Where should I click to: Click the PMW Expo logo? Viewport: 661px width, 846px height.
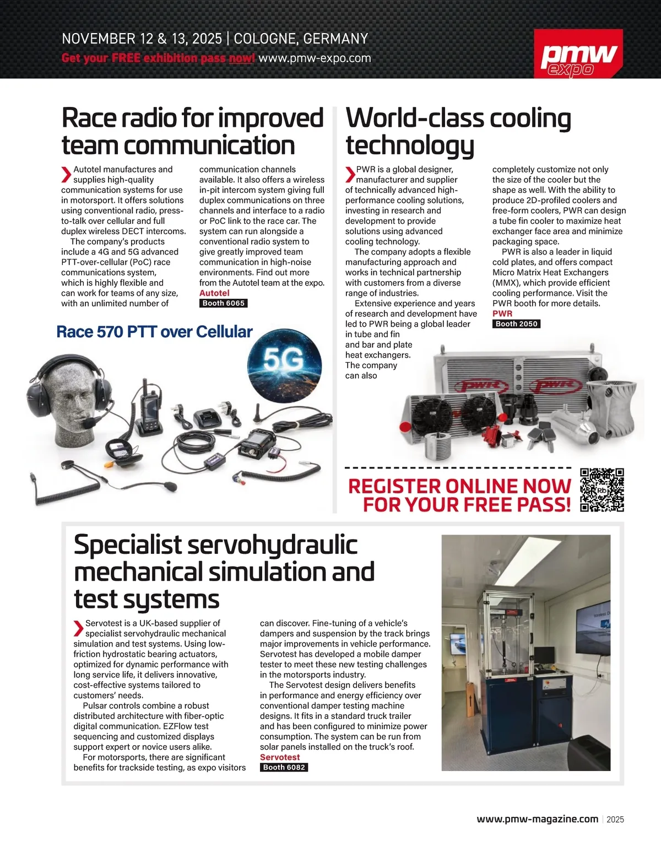coord(578,54)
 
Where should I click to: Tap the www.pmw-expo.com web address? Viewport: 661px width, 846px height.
coord(315,58)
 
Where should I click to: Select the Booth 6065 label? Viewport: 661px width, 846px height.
coord(223,303)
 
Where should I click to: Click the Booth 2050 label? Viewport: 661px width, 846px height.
coord(516,324)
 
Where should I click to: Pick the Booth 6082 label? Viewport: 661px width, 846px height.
coord(284,767)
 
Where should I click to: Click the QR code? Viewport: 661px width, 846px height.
coord(602,490)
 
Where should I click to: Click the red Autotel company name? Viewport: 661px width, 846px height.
coord(214,293)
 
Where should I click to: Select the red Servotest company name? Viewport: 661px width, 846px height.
coord(280,757)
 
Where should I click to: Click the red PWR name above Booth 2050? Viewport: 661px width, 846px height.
coord(502,314)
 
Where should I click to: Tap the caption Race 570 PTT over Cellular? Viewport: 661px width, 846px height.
coord(154,332)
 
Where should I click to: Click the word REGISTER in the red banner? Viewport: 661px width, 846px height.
coord(394,486)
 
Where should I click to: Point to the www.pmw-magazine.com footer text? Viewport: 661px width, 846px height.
coord(537,819)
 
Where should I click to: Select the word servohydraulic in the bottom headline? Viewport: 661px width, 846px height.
coord(272,545)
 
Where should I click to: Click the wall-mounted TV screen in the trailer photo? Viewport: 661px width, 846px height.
coord(594,628)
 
